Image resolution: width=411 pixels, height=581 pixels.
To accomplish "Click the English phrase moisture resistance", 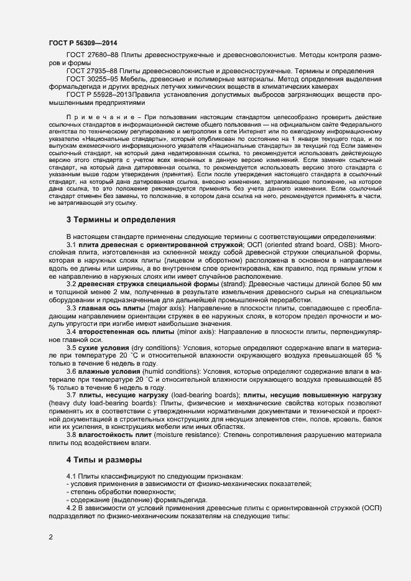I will click(x=192, y=436).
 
